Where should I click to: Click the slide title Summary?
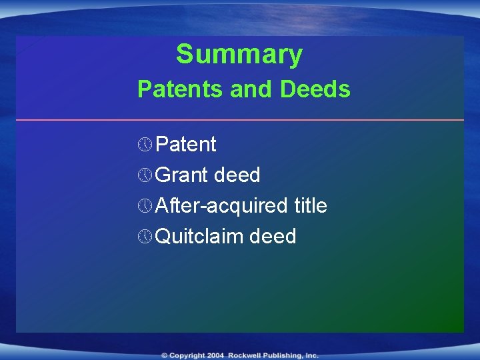click(x=239, y=55)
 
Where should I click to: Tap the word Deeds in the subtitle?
click(x=315, y=89)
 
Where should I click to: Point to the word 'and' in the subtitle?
click(x=253, y=89)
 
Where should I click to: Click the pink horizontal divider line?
click(x=240, y=120)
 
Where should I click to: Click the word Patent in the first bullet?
click(x=185, y=145)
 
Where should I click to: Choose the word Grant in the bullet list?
click(x=181, y=175)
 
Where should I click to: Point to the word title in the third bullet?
click(x=310, y=206)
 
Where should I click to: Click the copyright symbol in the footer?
click(x=164, y=355)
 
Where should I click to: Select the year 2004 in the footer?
click(x=215, y=355)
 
